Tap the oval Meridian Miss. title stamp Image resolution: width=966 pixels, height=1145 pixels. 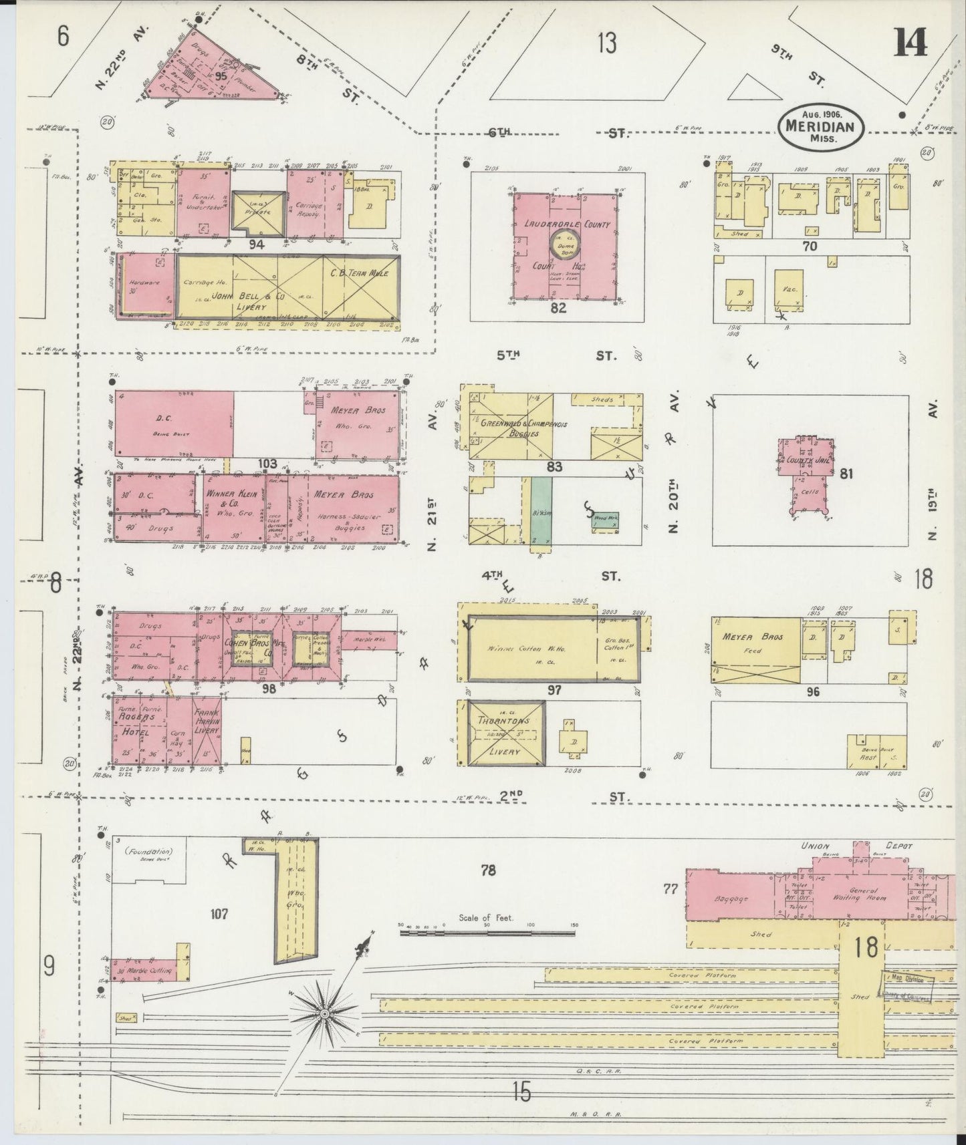point(821,125)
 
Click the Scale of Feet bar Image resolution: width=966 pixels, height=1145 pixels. point(487,931)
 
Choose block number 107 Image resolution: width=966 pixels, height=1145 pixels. point(219,913)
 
